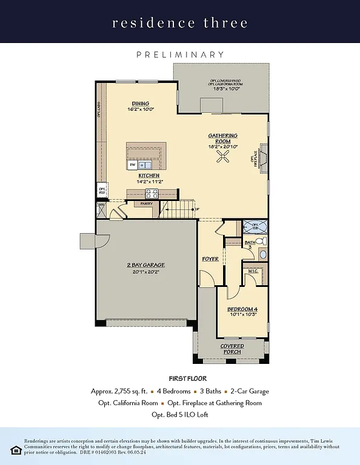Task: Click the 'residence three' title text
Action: [x=180, y=23]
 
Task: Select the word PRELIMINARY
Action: [x=180, y=54]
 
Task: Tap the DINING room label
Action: [x=141, y=104]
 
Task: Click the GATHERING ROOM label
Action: [x=223, y=138]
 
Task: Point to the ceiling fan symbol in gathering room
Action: [x=223, y=158]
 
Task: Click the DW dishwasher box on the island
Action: [x=132, y=165]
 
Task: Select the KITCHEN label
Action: [x=148, y=176]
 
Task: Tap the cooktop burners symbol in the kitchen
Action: [x=151, y=194]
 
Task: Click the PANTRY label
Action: [x=146, y=204]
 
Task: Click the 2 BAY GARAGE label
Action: [x=145, y=265]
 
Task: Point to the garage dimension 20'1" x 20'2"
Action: [x=145, y=272]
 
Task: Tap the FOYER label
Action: [x=210, y=259]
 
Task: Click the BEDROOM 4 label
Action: [x=242, y=309]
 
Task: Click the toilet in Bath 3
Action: [x=260, y=241]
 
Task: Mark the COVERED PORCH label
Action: [x=232, y=349]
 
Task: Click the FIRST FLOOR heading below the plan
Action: [x=179, y=378]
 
